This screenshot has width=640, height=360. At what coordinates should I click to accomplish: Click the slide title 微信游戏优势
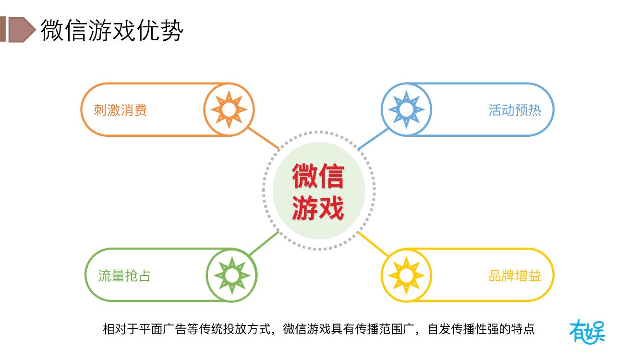111,30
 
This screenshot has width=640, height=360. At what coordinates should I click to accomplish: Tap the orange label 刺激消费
120,110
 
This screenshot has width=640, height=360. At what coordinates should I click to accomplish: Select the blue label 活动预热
515,110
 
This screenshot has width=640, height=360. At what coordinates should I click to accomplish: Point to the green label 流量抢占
124,276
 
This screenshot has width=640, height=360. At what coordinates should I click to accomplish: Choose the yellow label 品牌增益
515,276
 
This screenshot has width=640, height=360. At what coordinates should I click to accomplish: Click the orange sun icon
229,109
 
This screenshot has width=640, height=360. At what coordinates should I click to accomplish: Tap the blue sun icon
406,109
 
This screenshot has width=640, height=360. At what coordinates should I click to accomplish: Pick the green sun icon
232,275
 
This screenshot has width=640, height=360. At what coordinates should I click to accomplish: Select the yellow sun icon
406,275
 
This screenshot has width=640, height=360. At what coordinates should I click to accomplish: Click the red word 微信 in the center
318,176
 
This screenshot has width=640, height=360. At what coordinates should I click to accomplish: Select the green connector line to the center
264,244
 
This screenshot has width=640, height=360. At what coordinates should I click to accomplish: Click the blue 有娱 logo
587,331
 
